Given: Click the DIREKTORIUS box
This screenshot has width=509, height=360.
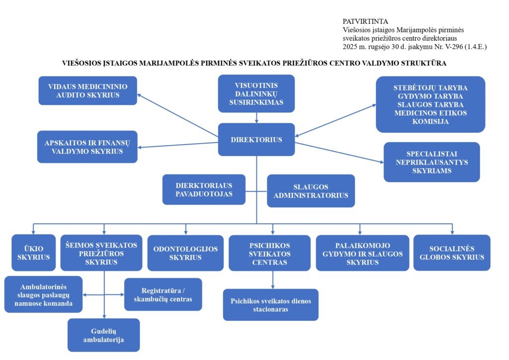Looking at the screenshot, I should tap(256, 140).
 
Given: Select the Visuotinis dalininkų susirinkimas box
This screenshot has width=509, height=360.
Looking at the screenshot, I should tap(256, 93).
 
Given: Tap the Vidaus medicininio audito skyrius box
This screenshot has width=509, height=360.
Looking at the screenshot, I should tap(87, 90).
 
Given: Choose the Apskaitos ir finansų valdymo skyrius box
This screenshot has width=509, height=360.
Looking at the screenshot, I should tap(87, 147).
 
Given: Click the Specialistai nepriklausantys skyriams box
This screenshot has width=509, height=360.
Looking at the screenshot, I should tap(431, 162).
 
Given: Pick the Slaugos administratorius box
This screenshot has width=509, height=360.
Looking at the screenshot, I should tap(311, 190).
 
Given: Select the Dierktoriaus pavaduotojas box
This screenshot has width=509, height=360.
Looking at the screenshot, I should tap(204, 189).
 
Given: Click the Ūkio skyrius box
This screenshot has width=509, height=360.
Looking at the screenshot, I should tap(34, 253).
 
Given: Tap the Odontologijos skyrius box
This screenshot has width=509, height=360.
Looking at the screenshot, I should tap(185, 253).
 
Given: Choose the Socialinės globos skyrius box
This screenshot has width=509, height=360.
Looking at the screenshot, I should tap(451, 253).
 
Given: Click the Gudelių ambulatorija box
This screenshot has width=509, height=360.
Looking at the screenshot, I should tap(104, 335).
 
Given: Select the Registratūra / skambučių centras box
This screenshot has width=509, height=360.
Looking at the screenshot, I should tap(163, 294).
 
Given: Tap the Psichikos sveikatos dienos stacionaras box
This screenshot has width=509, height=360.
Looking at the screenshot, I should tap(270, 305).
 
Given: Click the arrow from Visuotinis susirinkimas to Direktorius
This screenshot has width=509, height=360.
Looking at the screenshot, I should tap(256, 117).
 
